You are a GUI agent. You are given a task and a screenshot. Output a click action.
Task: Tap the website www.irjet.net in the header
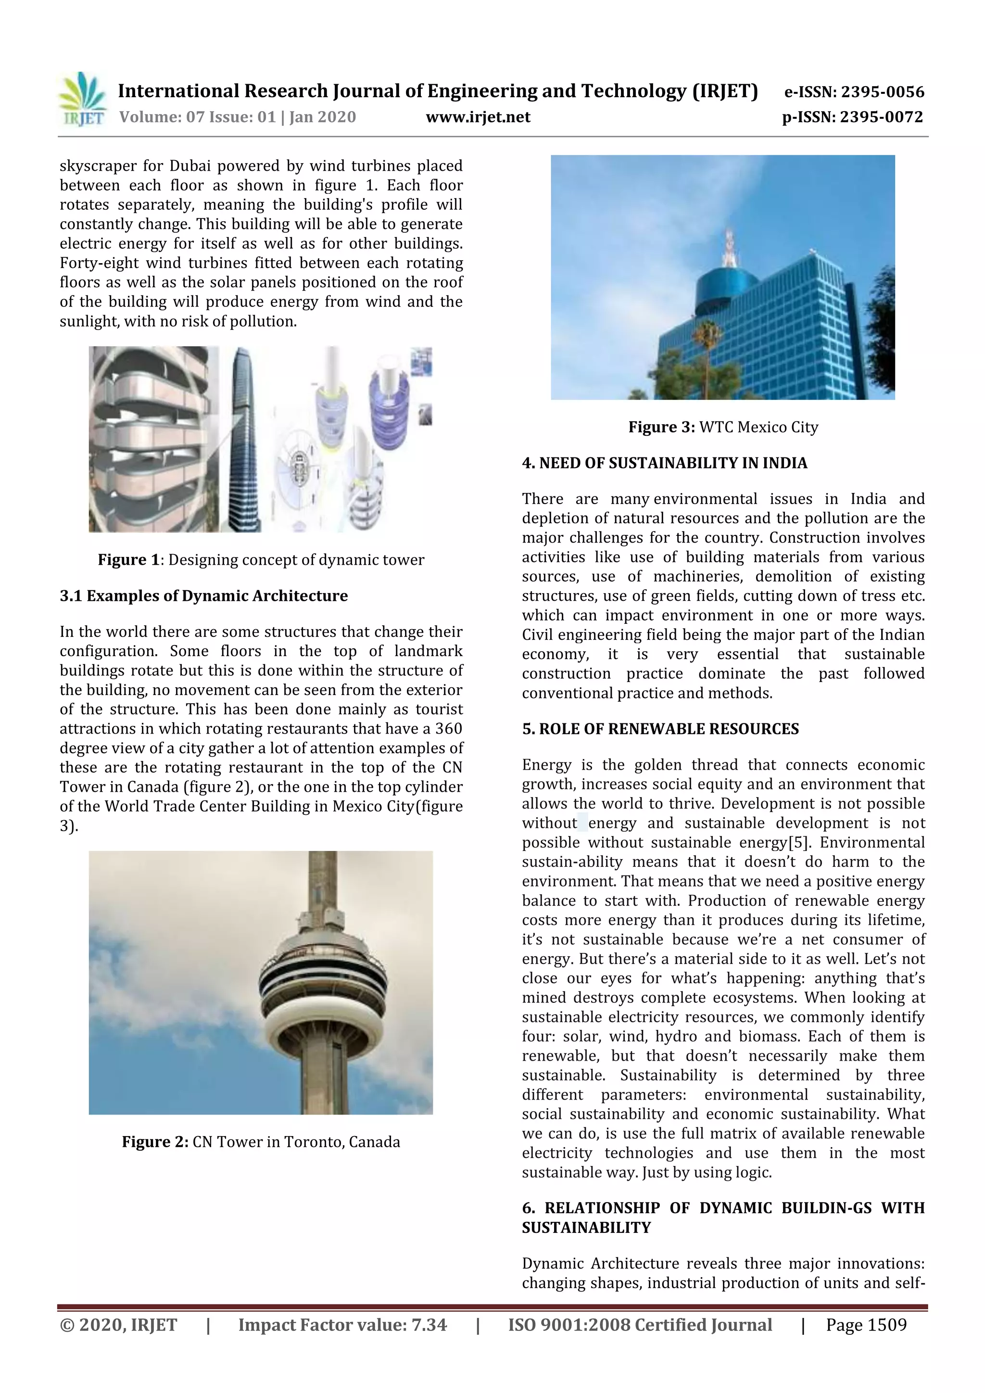coord(478,117)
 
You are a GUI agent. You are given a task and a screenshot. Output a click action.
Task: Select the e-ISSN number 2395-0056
coord(882,92)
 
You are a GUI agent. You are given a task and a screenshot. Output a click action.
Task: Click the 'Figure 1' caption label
coord(128,560)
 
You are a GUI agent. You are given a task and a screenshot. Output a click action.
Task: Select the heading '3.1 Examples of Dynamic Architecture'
coord(204,596)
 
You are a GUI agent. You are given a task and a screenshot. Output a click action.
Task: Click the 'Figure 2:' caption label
coord(155,1142)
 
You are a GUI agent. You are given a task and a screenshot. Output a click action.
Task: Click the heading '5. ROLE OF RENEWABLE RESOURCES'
coord(660,729)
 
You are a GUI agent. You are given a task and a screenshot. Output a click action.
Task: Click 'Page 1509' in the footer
coord(866,1325)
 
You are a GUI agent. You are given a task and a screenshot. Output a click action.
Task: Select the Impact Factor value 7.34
coord(429,1325)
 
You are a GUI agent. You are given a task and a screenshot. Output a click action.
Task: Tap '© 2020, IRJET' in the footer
coord(118,1325)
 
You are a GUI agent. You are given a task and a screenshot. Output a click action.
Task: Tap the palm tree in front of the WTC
coord(705,346)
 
